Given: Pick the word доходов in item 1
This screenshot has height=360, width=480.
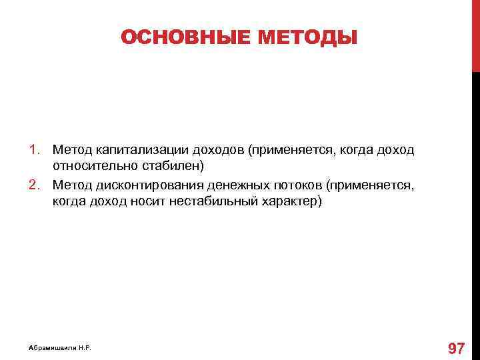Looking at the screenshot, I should tap(211, 150).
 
